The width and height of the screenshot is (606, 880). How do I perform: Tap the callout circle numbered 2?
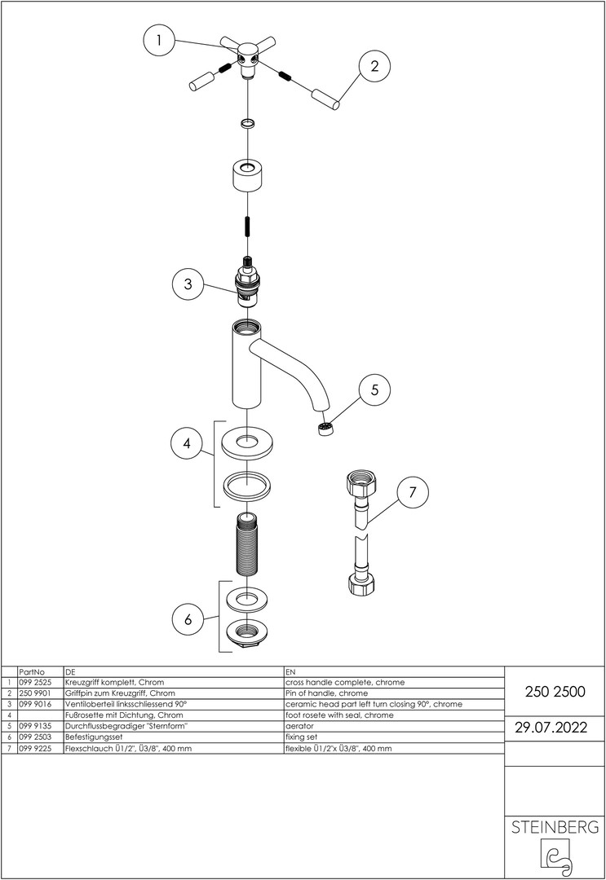coord(374,67)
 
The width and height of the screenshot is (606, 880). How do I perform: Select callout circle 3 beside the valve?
coord(188,284)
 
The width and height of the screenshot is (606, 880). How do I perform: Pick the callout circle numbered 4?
coord(187,444)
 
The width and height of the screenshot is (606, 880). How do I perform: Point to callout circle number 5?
coord(374,389)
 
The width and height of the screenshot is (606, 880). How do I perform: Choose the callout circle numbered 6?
coord(188,619)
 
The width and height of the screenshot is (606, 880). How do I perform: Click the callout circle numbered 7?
coord(413,492)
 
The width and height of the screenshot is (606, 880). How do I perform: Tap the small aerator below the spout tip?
coord(327,429)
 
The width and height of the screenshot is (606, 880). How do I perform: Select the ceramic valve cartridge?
coord(246,285)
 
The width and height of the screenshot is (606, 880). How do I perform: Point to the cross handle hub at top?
coord(246,58)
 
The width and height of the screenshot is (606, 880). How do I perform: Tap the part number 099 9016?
coord(33,704)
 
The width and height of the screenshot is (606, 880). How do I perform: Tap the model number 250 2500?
coord(555,691)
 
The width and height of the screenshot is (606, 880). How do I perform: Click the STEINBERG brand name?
coord(555,827)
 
